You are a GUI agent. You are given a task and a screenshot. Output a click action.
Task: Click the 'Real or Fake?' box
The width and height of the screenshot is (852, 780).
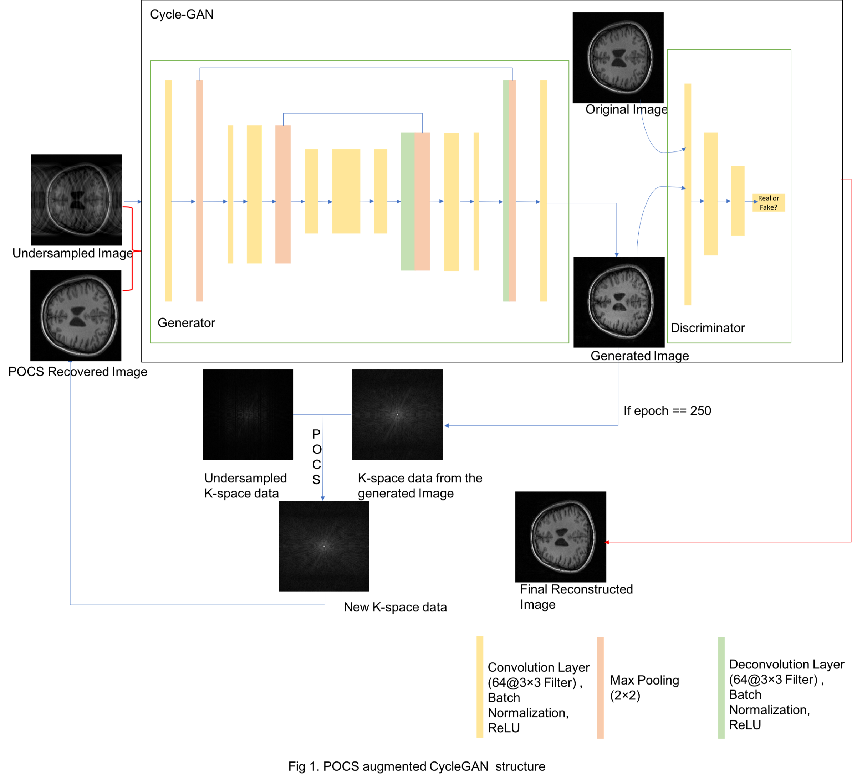coord(768,203)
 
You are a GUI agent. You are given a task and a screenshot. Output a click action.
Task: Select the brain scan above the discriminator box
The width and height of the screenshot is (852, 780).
coord(620,57)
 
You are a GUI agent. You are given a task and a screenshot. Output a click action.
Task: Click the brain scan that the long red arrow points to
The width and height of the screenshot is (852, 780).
coord(562,536)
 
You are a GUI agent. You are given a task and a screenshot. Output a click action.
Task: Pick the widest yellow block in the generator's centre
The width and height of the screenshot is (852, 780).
coord(346,191)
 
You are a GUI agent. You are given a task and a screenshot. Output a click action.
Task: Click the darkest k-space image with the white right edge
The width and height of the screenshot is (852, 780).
coord(248,414)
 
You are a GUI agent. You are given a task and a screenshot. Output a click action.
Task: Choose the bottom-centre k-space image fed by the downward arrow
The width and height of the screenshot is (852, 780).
coord(324,546)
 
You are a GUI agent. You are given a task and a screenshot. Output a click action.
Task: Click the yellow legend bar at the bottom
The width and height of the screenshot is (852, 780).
coord(480,687)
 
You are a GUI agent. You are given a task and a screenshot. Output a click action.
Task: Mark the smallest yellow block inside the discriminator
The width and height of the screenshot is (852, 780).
coord(738,201)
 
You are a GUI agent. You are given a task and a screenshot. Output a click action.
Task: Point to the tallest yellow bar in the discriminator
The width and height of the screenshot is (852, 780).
coord(688,194)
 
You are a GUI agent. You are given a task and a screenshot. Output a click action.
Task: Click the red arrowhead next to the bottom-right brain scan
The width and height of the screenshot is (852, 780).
coord(607,542)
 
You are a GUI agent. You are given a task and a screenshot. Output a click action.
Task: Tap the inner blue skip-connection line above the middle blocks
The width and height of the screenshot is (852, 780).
coord(352,113)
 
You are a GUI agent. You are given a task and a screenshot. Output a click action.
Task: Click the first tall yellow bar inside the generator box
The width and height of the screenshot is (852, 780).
coord(169,191)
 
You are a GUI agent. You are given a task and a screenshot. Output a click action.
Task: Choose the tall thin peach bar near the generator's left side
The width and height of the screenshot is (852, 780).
coord(199,191)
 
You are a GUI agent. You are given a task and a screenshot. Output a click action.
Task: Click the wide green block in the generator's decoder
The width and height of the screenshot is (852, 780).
coord(407,201)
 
